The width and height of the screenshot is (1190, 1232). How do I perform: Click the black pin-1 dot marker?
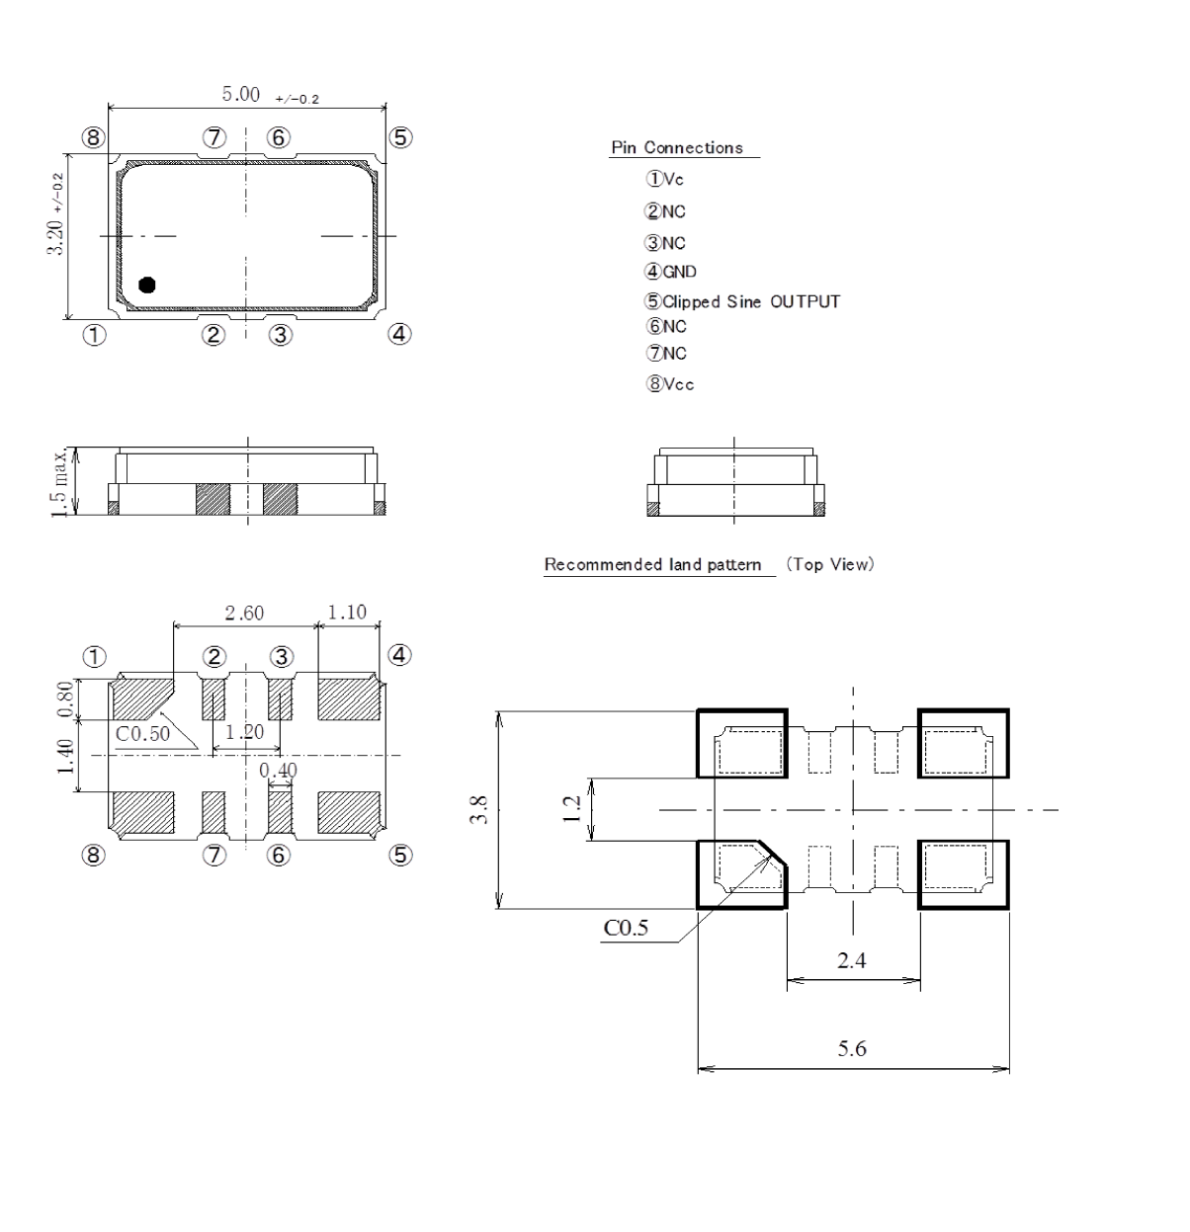tap(146, 285)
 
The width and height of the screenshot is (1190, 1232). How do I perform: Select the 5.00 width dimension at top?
tap(240, 95)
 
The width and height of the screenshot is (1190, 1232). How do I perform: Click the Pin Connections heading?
tap(677, 148)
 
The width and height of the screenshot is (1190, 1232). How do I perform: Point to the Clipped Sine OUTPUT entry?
tap(743, 302)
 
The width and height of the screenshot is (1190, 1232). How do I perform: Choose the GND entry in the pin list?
tap(671, 273)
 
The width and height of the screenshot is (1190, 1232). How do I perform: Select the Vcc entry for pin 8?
tap(671, 384)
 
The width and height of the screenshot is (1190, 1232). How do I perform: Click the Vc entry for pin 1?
tap(665, 180)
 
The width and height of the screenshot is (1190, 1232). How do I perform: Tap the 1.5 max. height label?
tap(63, 481)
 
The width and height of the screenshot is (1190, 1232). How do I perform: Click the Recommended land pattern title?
tap(653, 565)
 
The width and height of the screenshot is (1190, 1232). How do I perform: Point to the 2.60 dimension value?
tap(243, 614)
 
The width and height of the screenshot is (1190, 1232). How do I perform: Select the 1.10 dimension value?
tap(347, 613)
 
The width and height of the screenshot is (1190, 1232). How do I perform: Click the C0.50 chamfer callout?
tap(142, 734)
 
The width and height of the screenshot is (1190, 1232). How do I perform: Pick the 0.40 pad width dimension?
tap(278, 770)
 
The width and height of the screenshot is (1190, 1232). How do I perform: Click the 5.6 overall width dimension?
tap(852, 1049)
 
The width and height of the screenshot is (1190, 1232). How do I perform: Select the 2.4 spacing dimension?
tap(852, 960)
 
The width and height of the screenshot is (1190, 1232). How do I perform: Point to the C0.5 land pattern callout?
tap(626, 929)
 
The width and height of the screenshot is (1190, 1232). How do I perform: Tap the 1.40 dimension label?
tap(65, 757)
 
